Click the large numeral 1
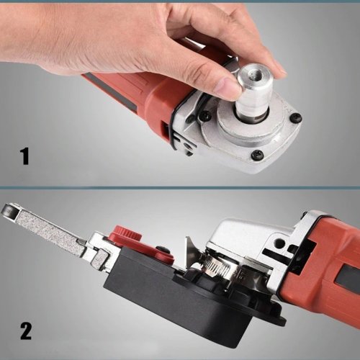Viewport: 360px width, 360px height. point(24,156)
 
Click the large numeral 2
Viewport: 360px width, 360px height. point(26,331)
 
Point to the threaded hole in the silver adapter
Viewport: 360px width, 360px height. point(253,76)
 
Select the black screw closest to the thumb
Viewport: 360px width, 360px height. point(206,117)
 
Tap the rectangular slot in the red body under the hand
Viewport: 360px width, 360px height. point(166,132)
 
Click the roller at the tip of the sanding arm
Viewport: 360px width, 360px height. point(9,210)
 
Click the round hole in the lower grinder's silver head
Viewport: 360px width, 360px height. point(279,243)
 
